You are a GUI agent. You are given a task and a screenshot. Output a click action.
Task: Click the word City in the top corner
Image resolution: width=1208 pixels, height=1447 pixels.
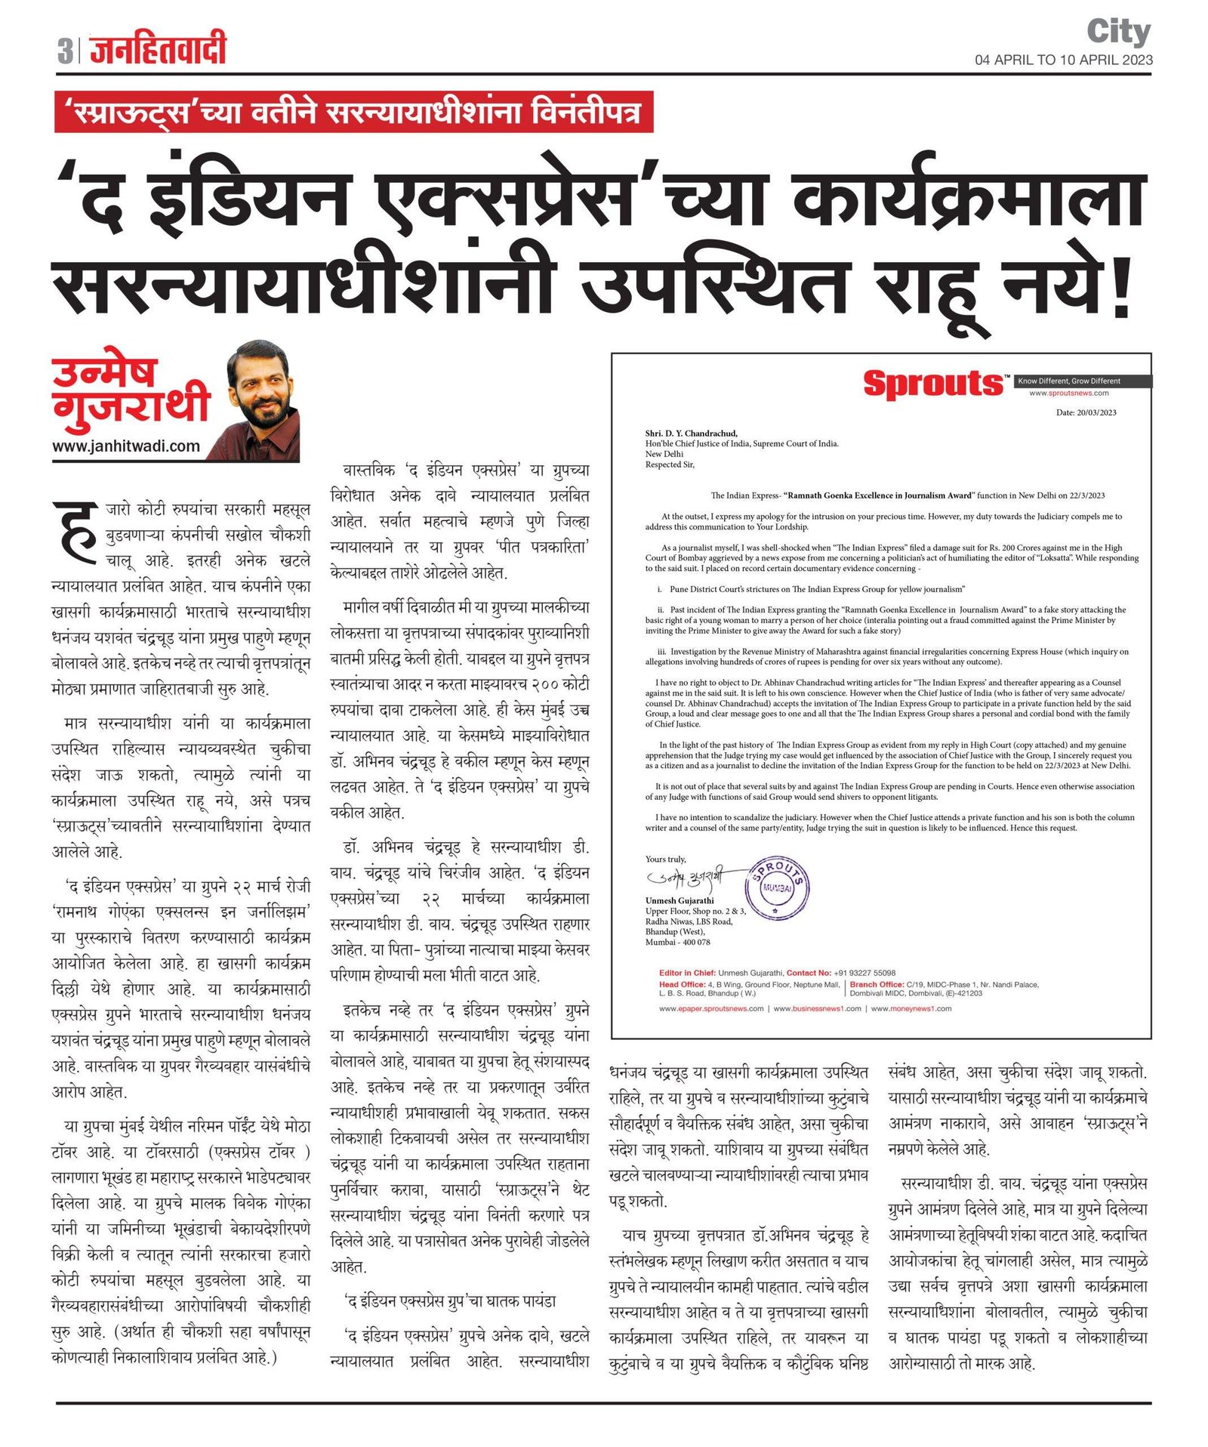(1118, 32)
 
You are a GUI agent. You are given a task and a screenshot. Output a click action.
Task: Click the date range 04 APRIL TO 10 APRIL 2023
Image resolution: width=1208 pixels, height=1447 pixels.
(1063, 60)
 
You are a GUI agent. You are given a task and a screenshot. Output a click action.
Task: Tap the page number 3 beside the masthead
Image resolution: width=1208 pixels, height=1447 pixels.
(65, 51)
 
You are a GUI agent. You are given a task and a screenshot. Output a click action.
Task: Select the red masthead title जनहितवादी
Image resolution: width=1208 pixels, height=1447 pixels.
(158, 50)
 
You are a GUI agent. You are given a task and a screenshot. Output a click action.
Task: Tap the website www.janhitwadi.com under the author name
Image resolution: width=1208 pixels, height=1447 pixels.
(126, 446)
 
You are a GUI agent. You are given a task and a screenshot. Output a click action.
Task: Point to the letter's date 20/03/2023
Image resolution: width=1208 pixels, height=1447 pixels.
(1086, 412)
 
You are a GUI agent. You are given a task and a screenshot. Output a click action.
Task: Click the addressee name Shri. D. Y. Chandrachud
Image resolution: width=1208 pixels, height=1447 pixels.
(691, 433)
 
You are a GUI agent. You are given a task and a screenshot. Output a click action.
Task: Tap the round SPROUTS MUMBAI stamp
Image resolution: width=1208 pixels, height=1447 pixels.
(777, 887)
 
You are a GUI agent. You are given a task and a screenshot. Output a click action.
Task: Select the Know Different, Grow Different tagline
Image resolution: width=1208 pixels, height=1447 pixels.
(1068, 381)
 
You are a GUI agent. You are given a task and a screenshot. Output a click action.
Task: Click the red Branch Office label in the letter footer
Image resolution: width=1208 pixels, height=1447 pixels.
(877, 985)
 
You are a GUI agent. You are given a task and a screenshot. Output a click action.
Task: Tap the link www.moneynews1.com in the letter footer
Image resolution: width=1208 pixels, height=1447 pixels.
(911, 1008)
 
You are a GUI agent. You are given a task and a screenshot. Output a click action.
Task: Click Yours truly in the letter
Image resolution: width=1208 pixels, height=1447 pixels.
(665, 859)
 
